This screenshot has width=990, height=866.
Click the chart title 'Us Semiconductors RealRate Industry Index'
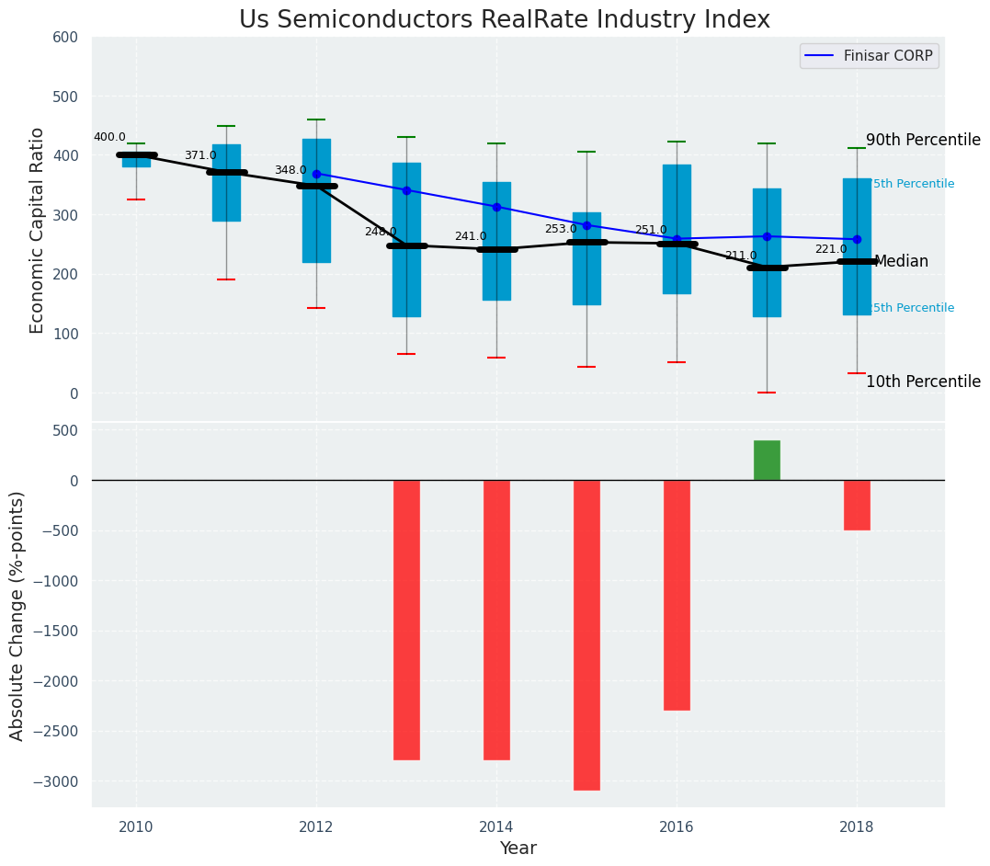pyautogui.click(x=505, y=20)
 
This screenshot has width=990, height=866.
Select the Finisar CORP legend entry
pyautogui.click(x=869, y=56)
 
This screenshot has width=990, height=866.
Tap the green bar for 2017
pyautogui.click(x=767, y=460)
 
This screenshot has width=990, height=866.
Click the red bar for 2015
pyautogui.click(x=586, y=634)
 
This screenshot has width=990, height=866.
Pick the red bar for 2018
pyautogui.click(x=857, y=505)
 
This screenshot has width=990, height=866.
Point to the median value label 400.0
pyautogui.click(x=109, y=137)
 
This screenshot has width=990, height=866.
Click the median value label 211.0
pyautogui.click(x=741, y=256)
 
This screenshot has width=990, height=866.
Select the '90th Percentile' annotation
pyautogui.click(x=923, y=140)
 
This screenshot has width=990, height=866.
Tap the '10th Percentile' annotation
pyautogui.click(x=923, y=382)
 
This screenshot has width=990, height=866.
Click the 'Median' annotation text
pyautogui.click(x=901, y=262)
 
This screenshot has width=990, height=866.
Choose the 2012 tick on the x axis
pyautogui.click(x=316, y=826)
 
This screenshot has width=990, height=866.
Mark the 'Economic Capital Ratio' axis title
pyautogui.click(x=38, y=230)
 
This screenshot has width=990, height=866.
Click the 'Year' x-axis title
pyautogui.click(x=518, y=849)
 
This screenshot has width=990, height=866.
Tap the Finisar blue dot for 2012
pyautogui.click(x=316, y=174)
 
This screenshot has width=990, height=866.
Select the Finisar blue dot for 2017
pyautogui.click(x=767, y=236)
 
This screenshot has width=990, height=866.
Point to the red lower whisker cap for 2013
pyautogui.click(x=406, y=354)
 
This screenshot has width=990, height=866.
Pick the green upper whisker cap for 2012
pyautogui.click(x=316, y=120)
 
